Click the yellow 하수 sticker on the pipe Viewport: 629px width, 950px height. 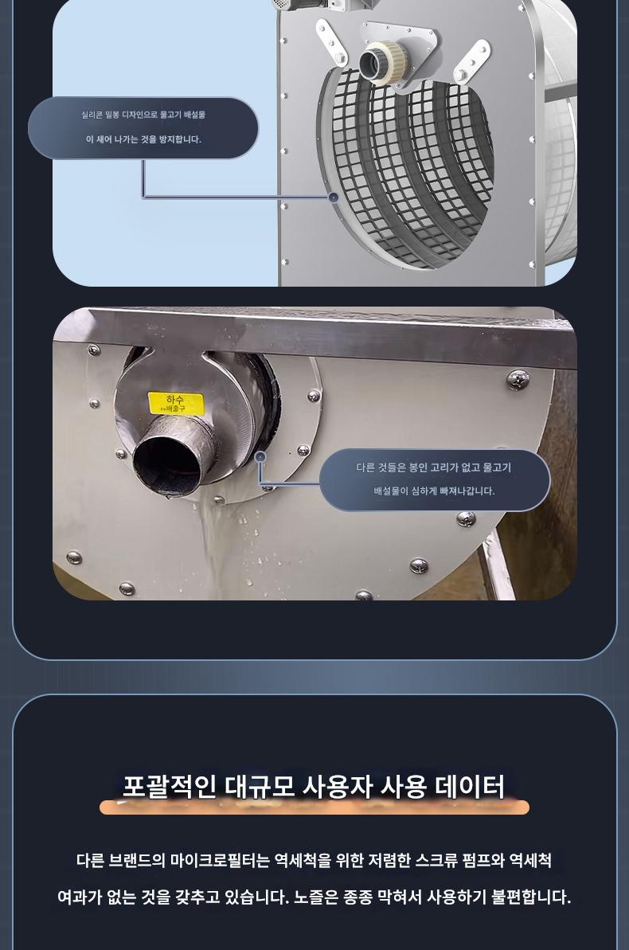click(x=176, y=403)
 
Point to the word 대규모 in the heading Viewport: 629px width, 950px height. click(x=260, y=787)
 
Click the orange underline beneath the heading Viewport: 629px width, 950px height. click(x=314, y=807)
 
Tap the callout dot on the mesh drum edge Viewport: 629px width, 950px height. click(x=333, y=197)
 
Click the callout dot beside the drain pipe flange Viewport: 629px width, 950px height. click(x=260, y=457)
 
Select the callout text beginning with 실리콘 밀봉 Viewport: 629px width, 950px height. click(x=143, y=115)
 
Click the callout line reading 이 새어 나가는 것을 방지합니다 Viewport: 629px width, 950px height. click(x=143, y=139)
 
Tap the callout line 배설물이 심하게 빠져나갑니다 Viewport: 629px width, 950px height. click(x=434, y=491)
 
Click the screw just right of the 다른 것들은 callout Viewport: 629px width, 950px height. click(x=518, y=379)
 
